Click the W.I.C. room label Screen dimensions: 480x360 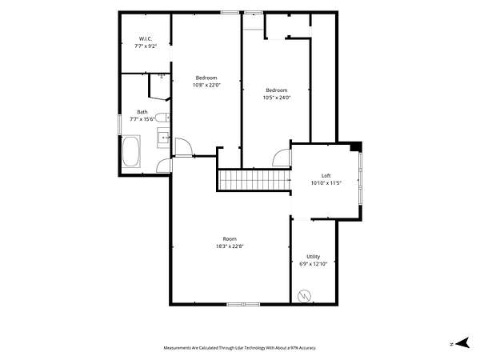click(146, 39)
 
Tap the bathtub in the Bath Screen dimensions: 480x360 click(131, 151)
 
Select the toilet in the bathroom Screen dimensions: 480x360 click(162, 118)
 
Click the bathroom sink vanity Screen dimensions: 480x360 click(163, 138)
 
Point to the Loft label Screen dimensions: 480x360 click(326, 176)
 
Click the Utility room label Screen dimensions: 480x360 click(313, 257)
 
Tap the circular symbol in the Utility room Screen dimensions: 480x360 click(305, 296)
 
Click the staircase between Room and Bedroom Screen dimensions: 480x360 click(254, 180)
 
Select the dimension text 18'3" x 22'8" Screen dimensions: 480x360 click(230, 246)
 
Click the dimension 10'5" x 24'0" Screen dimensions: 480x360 click(277, 98)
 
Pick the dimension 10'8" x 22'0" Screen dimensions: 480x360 click(206, 85)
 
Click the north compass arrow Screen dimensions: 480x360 click(462, 343)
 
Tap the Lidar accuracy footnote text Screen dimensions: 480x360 click(240, 348)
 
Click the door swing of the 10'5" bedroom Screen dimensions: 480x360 click(281, 158)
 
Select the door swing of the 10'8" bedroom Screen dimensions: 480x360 click(184, 147)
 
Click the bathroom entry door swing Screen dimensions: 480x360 click(163, 166)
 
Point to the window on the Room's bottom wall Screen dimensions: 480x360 click(243, 304)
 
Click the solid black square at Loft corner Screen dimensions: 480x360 click(356, 146)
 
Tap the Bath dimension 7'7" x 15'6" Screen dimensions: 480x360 click(142, 119)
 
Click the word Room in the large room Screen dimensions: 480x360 click(230, 238)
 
